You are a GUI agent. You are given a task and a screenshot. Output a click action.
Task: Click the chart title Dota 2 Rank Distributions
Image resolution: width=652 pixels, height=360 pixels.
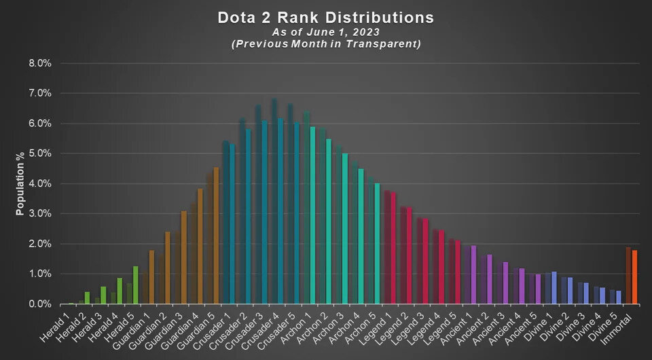pos(325,16)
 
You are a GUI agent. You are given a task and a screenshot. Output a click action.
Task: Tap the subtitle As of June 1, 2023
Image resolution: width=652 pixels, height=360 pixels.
pos(325,31)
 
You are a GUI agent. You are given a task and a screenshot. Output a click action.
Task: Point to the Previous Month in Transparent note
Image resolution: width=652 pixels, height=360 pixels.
pos(325,44)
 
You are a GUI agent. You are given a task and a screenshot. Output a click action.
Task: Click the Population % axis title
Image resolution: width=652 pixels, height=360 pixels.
pos(20,183)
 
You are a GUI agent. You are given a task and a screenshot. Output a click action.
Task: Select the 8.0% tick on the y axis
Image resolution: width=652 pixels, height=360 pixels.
pos(39,63)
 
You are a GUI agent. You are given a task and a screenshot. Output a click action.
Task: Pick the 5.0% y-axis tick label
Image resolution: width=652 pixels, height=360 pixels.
pos(39,154)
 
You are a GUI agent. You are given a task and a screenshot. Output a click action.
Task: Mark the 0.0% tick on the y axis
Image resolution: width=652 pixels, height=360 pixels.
pos(39,304)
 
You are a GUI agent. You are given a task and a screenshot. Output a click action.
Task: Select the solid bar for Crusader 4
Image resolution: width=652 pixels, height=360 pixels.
pos(280,211)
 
